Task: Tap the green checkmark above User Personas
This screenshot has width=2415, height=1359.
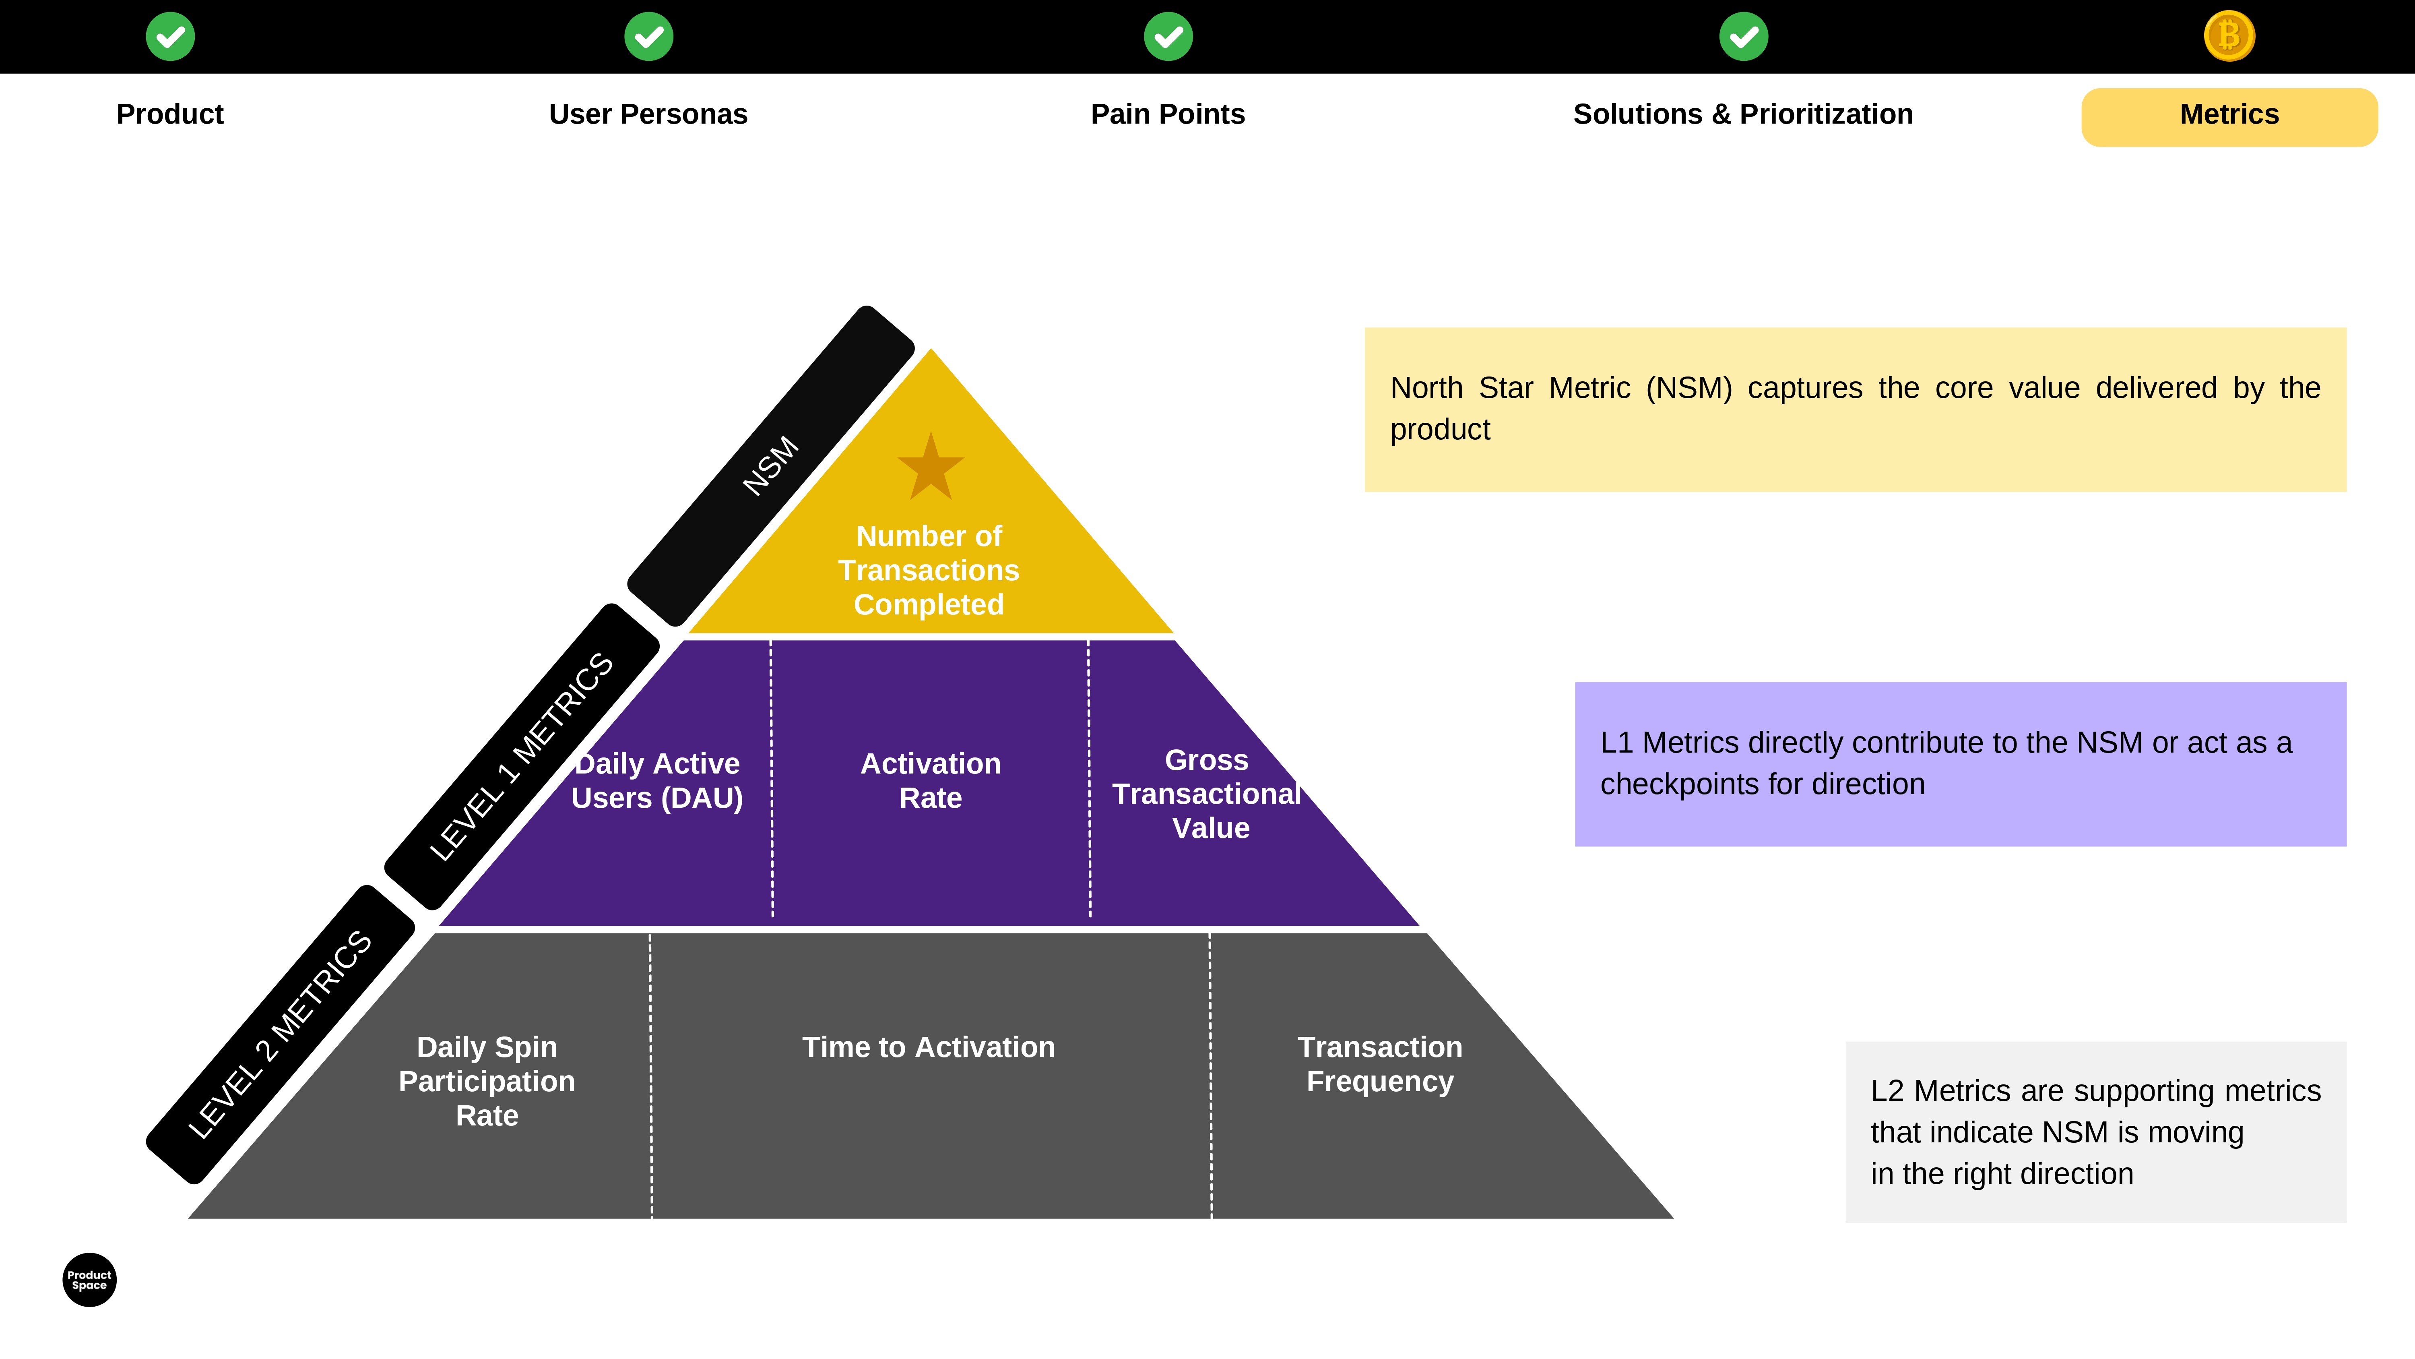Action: [649, 37]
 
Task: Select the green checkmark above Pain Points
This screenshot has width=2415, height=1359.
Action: [1168, 37]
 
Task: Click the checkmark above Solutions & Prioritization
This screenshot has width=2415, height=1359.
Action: [1744, 37]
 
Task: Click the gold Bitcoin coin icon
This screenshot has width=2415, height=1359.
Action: [2229, 37]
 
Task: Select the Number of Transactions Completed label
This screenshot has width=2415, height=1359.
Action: [929, 570]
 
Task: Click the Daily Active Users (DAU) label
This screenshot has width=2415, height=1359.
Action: [657, 780]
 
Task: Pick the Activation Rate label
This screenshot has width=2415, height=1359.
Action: [931, 780]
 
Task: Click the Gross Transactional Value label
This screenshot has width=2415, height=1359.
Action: [1207, 793]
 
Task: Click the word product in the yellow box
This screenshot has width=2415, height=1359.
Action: [1440, 430]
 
